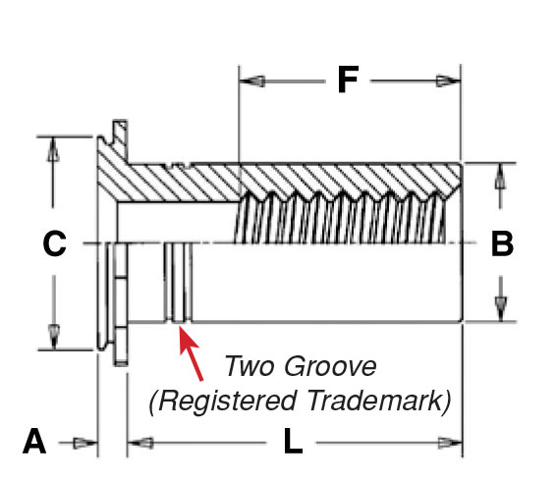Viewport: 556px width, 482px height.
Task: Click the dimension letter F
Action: [348, 80]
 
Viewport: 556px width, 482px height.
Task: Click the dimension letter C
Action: [54, 243]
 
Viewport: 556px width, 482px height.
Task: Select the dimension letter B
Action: [502, 243]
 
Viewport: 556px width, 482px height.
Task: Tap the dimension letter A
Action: [34, 441]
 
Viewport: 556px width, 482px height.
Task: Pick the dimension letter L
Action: [293, 441]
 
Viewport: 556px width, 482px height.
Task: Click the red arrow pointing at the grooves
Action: [191, 353]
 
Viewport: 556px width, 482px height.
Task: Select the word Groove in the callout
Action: [330, 366]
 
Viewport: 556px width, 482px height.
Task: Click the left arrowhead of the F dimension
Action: [251, 81]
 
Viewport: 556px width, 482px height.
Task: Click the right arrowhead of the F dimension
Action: [448, 81]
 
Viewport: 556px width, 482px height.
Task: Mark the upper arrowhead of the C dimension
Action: [53, 149]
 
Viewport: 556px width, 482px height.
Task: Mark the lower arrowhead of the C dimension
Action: [54, 337]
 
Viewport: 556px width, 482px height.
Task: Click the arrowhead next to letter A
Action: [85, 443]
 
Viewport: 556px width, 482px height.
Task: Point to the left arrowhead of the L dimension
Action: [140, 443]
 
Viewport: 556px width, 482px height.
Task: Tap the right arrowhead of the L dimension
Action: [450, 443]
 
